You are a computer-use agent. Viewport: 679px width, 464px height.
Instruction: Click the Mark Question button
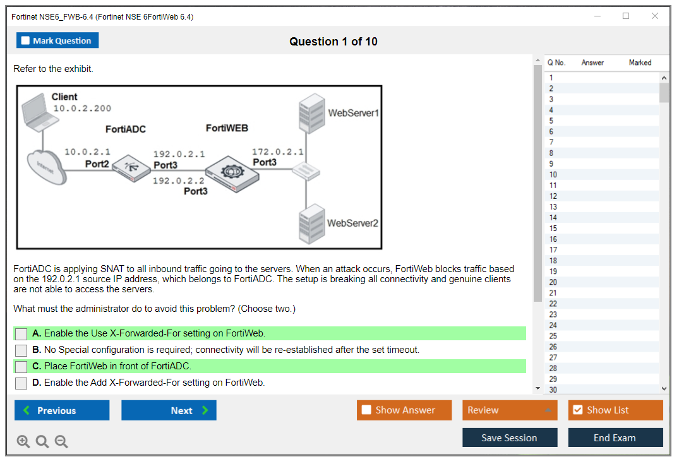(57, 40)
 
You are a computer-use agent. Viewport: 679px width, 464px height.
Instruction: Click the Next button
(169, 410)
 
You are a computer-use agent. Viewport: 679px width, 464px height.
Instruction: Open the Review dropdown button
(510, 410)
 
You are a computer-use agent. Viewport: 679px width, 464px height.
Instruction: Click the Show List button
(615, 410)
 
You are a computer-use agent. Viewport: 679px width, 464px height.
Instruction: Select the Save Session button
(510, 437)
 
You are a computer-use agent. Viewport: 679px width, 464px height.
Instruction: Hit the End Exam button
(615, 437)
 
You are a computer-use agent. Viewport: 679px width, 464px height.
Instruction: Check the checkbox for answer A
(21, 334)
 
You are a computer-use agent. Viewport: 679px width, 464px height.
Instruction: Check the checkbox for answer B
(21, 350)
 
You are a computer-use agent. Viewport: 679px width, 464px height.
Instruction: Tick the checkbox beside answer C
(21, 367)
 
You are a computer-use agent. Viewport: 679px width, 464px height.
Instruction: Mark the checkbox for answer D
(21, 383)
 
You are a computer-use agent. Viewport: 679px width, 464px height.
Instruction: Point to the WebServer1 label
(353, 113)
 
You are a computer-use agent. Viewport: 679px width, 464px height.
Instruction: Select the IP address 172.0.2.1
(277, 152)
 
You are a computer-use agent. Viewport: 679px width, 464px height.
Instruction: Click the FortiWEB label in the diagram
(227, 128)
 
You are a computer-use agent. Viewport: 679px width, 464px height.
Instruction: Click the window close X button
(655, 16)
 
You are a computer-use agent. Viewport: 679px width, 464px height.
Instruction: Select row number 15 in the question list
(553, 229)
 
